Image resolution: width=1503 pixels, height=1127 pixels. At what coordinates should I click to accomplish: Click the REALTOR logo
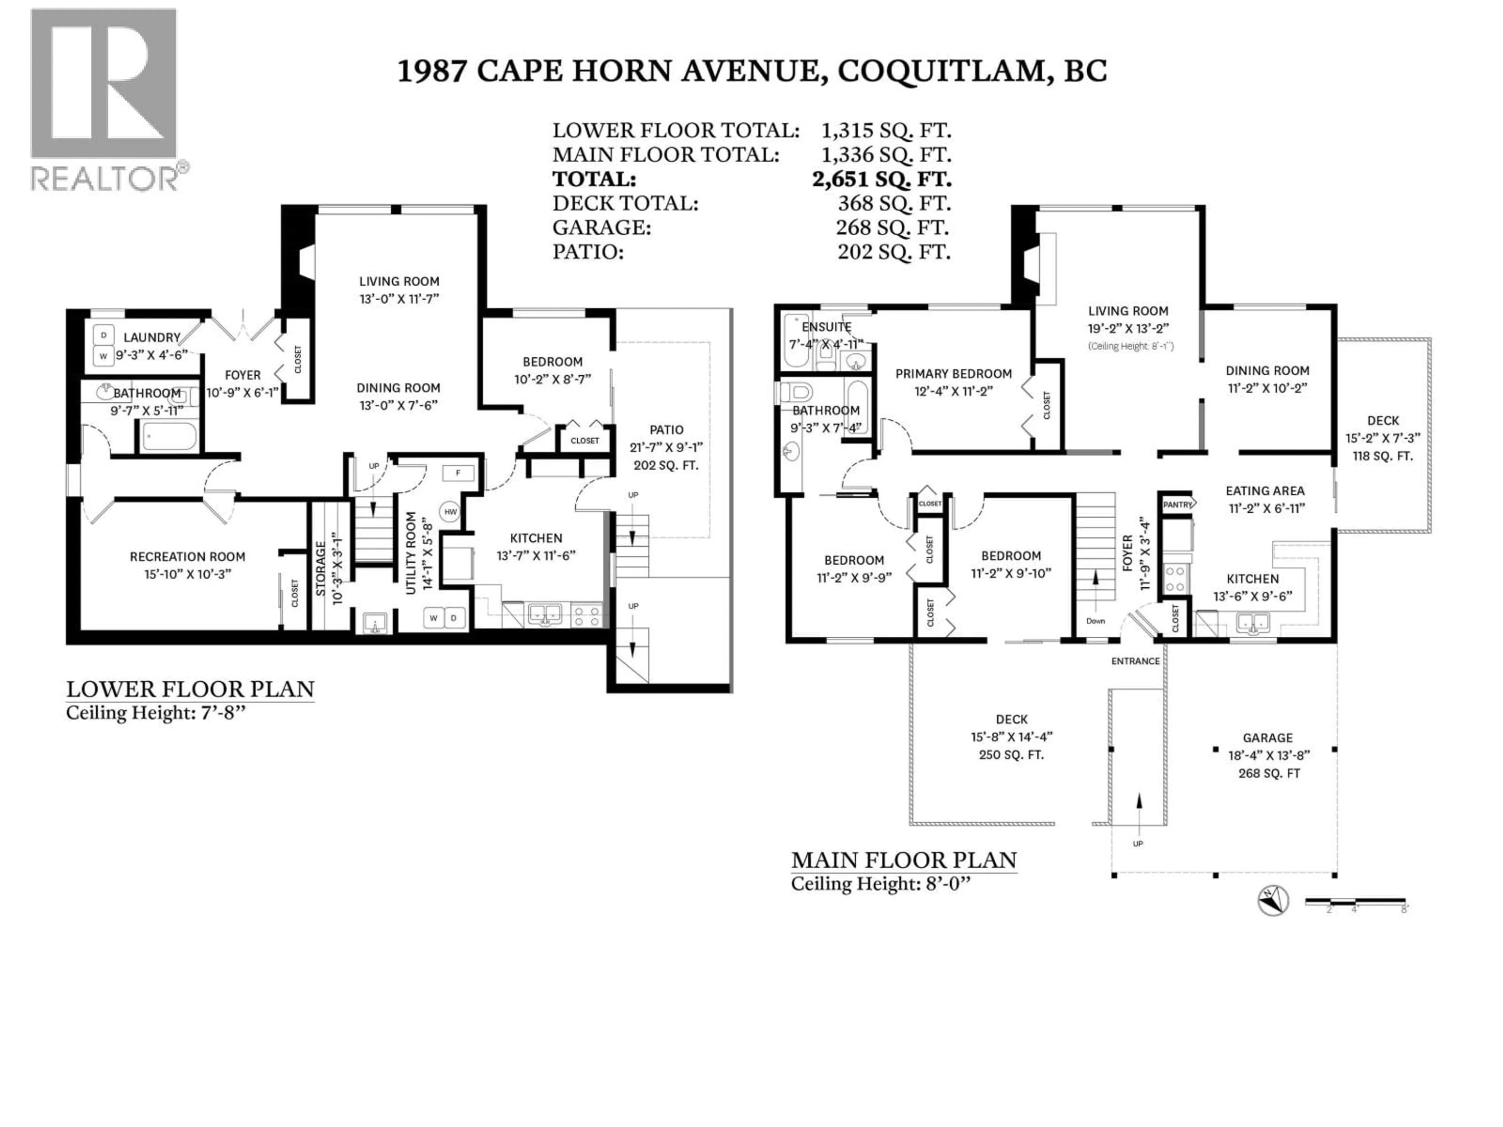(105, 101)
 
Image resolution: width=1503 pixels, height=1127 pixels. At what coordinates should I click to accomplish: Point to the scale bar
(1355, 902)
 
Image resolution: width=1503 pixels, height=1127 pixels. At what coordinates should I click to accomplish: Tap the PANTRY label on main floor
(1177, 504)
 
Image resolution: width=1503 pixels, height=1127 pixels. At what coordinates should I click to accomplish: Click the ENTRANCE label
(1135, 661)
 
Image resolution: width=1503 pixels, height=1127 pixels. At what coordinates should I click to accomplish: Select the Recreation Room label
(187, 556)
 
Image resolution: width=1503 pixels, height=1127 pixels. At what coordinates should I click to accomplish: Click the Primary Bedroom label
(953, 374)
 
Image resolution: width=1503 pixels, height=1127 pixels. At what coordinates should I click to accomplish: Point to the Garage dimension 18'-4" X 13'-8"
(1269, 755)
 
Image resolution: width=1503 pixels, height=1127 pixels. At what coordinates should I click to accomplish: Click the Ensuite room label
(826, 327)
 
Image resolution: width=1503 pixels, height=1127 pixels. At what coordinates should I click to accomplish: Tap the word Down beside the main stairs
(1095, 621)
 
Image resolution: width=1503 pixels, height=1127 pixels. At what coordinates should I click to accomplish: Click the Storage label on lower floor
(321, 569)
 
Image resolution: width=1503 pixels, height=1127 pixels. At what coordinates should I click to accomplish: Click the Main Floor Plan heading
(904, 860)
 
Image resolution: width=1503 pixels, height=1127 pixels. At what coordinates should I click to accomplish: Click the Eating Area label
(1265, 490)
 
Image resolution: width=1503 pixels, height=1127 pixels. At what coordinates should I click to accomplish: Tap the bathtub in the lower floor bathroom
(169, 436)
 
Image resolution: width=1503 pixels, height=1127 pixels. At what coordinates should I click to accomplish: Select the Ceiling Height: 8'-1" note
(1131, 346)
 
